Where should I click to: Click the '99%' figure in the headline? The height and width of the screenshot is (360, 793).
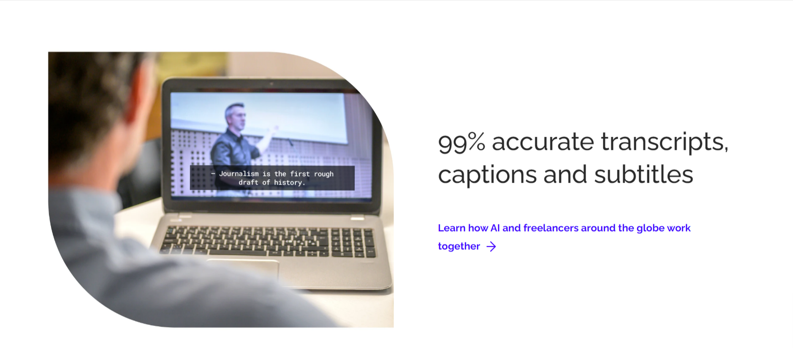point(461,142)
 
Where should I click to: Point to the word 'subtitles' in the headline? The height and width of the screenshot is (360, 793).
point(644,174)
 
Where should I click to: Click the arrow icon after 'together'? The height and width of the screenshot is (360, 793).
point(491,246)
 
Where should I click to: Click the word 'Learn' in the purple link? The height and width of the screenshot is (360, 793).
point(452,228)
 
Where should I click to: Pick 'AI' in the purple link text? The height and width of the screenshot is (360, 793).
point(495,228)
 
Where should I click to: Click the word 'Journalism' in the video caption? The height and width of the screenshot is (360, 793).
point(239,174)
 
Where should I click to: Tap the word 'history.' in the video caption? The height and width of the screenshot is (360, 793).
point(290,183)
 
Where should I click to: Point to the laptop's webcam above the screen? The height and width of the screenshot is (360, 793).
point(272,84)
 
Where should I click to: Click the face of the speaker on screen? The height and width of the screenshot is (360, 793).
point(236,117)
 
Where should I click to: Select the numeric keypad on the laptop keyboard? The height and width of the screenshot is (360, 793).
point(353,242)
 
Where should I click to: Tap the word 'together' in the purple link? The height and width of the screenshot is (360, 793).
point(459,246)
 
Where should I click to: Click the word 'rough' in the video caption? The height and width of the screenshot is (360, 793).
point(324,174)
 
